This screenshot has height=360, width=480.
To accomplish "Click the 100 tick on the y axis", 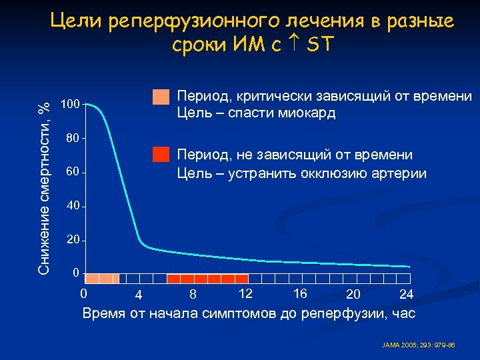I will click(x=70, y=105).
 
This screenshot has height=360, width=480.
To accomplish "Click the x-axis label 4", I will click(x=137, y=295).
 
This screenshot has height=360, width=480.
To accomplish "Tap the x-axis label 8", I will click(x=192, y=294).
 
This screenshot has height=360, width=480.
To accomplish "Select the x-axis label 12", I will click(x=245, y=293).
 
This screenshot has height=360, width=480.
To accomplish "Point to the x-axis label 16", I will click(x=299, y=293).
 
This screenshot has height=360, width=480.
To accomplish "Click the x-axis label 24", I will click(x=406, y=294).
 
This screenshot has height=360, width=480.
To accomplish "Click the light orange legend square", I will click(x=161, y=97).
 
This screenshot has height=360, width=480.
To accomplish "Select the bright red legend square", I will click(x=161, y=154).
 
